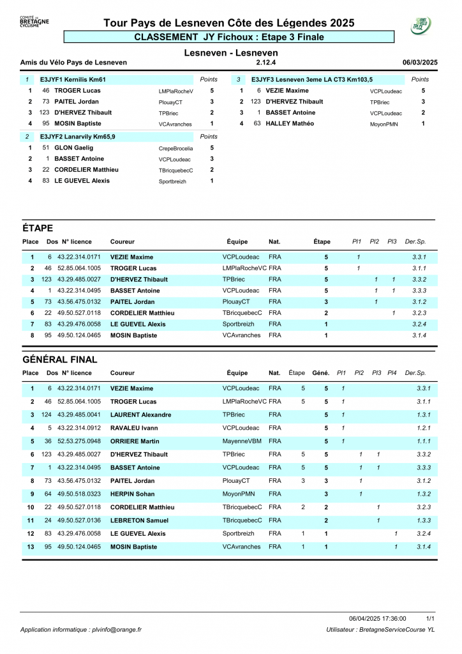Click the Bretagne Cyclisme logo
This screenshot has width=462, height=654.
(x=34, y=23)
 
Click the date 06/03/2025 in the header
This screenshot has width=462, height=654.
(x=420, y=63)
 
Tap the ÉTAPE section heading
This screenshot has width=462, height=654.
(x=38, y=229)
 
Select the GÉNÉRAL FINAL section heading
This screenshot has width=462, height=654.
(x=59, y=360)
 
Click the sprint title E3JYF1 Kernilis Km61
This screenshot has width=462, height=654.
(x=73, y=80)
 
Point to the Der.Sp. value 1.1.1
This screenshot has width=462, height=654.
(x=423, y=441)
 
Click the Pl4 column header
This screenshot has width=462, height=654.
(x=392, y=373)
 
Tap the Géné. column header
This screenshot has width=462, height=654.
(x=321, y=373)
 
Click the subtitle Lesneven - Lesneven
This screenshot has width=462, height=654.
(x=231, y=52)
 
